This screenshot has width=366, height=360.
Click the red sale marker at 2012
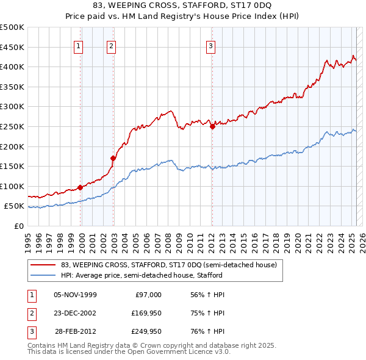[x=212, y=127]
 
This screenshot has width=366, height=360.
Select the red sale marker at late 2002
[x=113, y=158]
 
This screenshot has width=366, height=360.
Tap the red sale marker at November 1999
[x=80, y=187]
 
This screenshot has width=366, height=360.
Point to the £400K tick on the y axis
[x=12, y=67]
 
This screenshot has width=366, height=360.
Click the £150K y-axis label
[x=12, y=166]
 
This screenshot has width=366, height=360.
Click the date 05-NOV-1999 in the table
[x=76, y=295]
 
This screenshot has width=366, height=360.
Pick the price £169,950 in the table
[x=145, y=314]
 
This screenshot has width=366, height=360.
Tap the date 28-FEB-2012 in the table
[x=76, y=333]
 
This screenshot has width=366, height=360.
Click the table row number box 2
[x=30, y=314]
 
